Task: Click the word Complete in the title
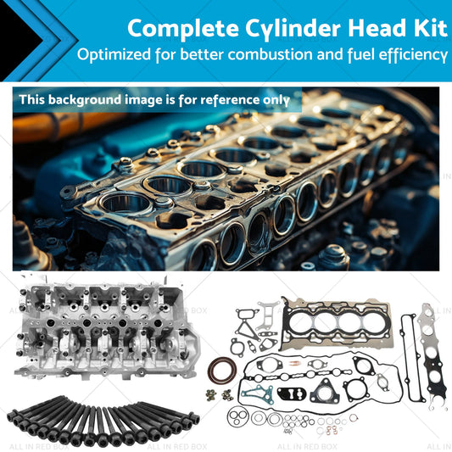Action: (x=183, y=29)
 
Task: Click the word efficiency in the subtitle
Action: (x=413, y=55)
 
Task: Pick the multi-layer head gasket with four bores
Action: (x=336, y=323)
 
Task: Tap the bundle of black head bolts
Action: (x=103, y=421)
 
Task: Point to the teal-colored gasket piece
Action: (x=258, y=394)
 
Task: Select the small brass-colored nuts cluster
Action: (x=220, y=395)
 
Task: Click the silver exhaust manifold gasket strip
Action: (x=432, y=354)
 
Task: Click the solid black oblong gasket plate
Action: (x=292, y=393)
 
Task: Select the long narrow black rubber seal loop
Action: (x=411, y=358)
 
